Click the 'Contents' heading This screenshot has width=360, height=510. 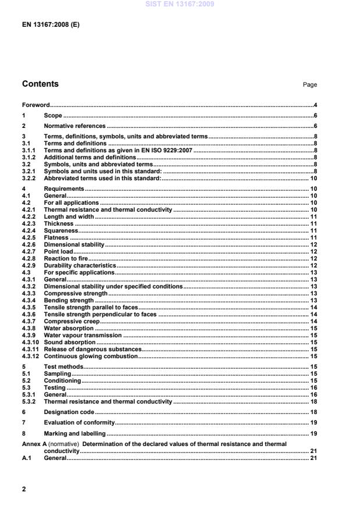[40, 84]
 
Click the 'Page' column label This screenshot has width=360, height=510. [309, 85]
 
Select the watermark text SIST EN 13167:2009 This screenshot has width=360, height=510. [180, 4]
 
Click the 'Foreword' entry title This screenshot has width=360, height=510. [35, 105]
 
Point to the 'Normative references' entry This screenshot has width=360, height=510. [75, 126]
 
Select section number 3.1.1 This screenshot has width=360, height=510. [29, 150]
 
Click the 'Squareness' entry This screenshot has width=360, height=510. [61, 230]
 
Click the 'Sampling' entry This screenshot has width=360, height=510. [58, 373]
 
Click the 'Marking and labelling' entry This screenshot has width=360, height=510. [75, 433]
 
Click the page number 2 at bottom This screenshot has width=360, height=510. [24, 489]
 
